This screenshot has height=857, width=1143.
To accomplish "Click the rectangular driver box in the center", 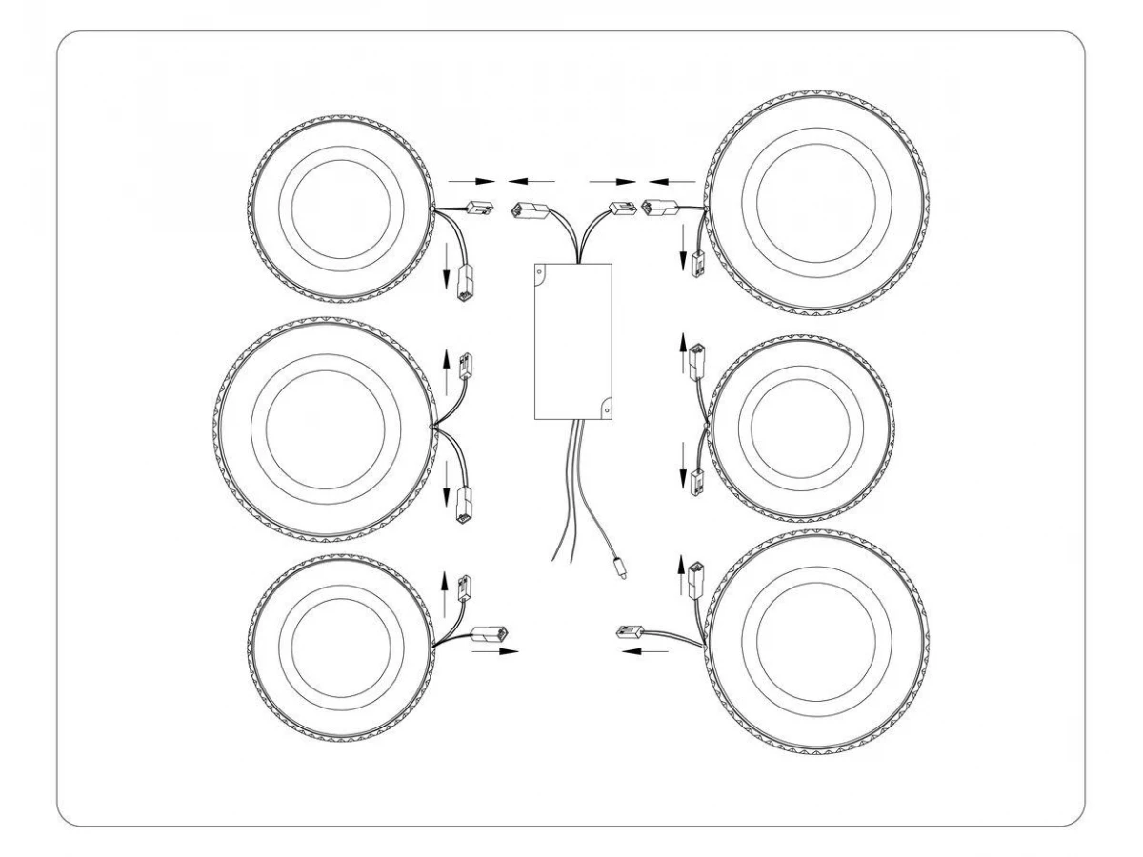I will [x=571, y=341].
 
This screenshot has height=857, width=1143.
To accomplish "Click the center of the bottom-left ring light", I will [x=339, y=646].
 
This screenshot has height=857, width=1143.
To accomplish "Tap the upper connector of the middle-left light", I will [x=467, y=366].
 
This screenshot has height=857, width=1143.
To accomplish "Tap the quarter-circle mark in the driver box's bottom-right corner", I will [x=604, y=411].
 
